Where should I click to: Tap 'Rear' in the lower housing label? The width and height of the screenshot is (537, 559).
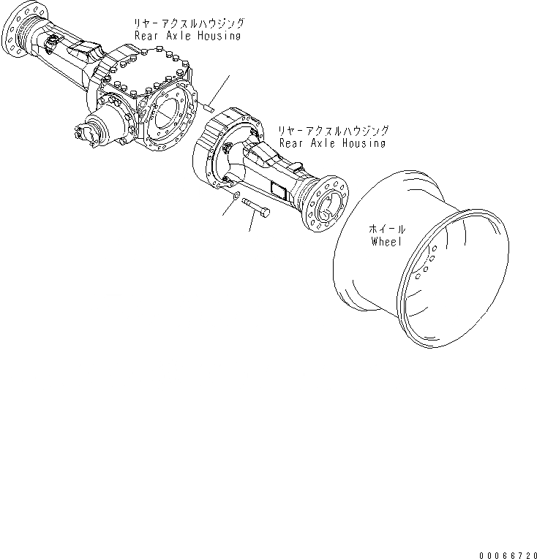pos(290,143)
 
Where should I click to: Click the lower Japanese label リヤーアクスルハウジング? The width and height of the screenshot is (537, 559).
pos(332,131)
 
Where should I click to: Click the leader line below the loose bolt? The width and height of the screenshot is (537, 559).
pos(252,223)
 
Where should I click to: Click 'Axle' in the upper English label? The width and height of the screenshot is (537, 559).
pos(176,34)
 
